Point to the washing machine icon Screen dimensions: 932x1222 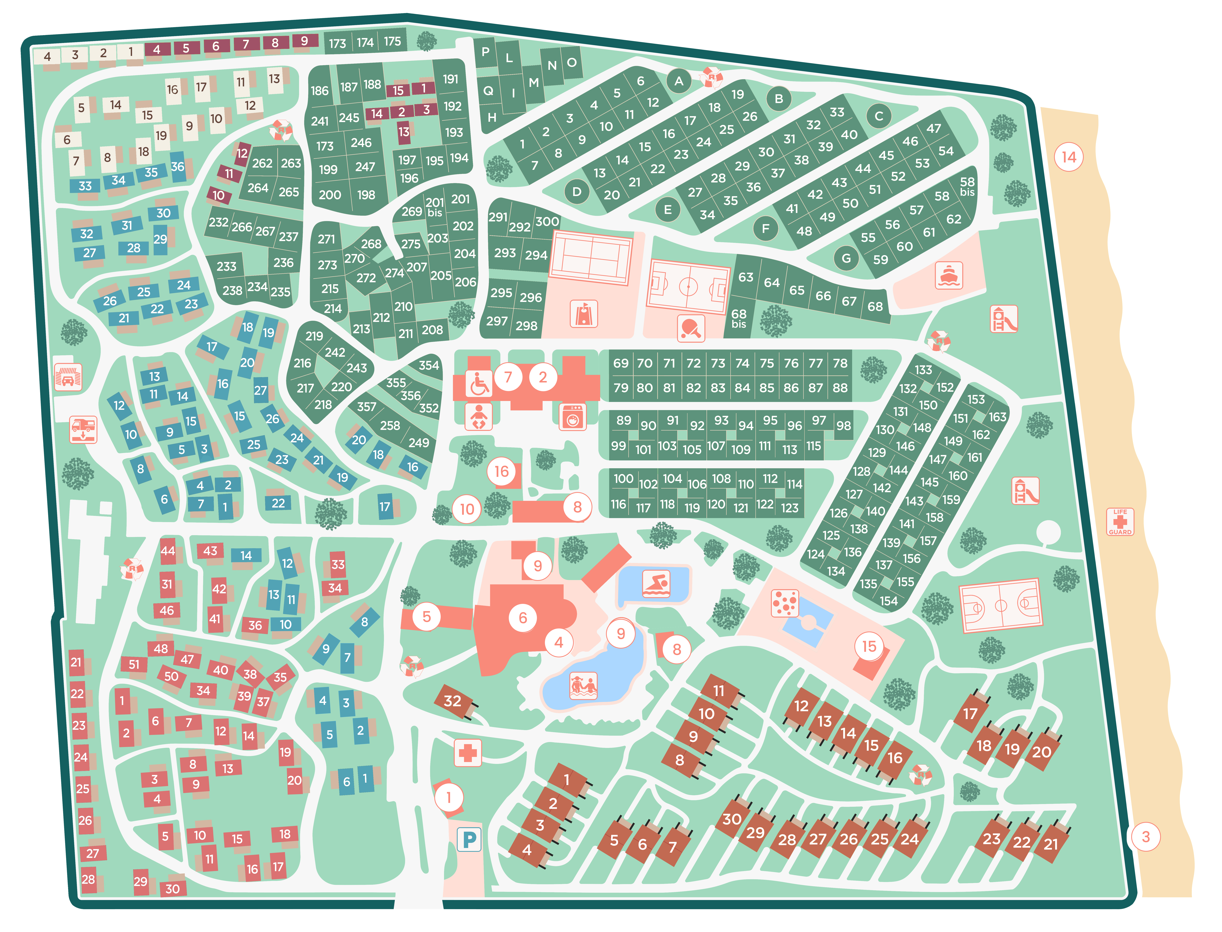point(573,417)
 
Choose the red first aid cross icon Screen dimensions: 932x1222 point(468,753)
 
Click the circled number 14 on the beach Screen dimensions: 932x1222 point(1068,157)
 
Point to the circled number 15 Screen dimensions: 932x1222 point(868,646)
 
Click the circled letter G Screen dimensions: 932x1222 point(846,258)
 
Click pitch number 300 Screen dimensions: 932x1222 point(547,221)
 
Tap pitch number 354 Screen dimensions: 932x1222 point(428,365)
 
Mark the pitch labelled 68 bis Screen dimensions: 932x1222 point(739,318)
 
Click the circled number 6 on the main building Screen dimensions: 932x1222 point(522,617)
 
